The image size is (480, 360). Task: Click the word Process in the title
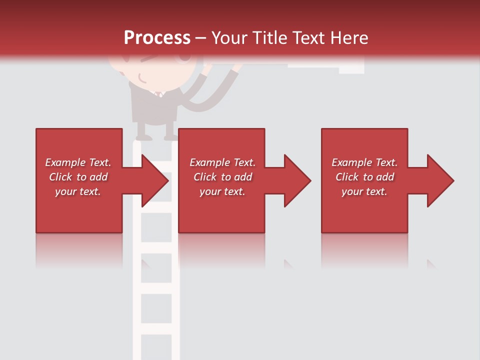[x=157, y=37]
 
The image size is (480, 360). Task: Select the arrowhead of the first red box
[x=155, y=180]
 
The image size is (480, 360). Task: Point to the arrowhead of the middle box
[x=298, y=180]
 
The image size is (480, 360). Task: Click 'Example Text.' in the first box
[x=78, y=162]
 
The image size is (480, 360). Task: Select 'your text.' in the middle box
[x=222, y=191]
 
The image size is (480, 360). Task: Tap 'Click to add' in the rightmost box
[x=364, y=177]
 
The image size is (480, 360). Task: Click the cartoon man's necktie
[x=158, y=93]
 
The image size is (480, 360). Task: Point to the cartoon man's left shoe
[x=144, y=136]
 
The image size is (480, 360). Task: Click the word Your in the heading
[x=228, y=37]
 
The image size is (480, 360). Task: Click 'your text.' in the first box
[x=78, y=191]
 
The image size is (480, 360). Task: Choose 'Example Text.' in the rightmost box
[x=364, y=162]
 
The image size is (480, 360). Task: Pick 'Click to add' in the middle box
[x=222, y=177]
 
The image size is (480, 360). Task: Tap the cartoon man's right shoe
[x=170, y=136]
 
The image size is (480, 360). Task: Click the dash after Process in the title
[x=200, y=38]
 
